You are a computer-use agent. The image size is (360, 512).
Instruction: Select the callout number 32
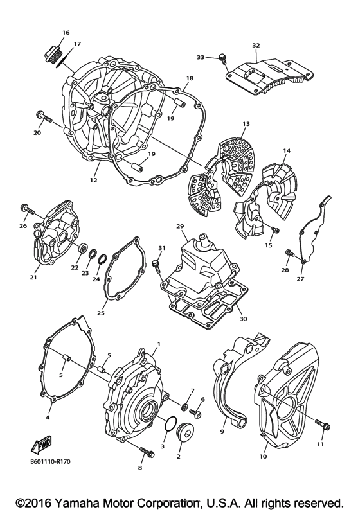coord(256,45)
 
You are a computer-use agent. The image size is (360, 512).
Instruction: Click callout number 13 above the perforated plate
coord(245,123)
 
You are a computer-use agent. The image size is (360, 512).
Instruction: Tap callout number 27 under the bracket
coord(300,279)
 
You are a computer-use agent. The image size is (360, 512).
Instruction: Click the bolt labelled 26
coord(26,209)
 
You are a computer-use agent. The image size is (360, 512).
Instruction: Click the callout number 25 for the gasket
coord(100,313)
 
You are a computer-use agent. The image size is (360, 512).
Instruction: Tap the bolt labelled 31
coord(156,263)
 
